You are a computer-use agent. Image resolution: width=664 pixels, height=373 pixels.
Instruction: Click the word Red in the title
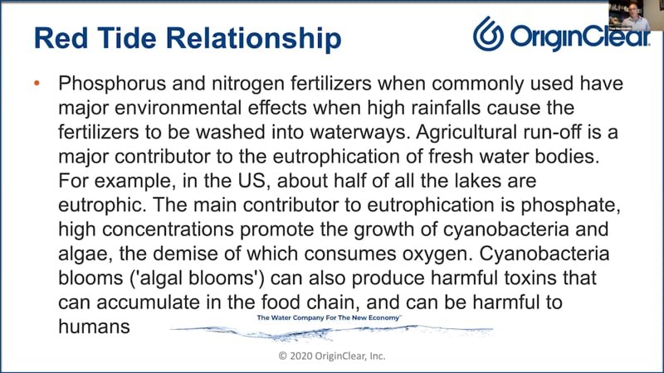[61, 38]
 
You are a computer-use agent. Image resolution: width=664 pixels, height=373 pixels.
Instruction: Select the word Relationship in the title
[254, 39]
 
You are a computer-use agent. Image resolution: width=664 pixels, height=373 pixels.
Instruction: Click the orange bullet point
[37, 84]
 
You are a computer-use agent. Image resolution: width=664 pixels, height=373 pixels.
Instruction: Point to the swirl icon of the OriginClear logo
[488, 34]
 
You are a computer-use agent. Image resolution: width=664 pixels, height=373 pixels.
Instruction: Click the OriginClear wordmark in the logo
[580, 36]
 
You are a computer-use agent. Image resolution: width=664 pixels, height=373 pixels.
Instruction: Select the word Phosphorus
[112, 84]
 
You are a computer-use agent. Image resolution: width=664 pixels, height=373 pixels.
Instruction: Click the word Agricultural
[466, 133]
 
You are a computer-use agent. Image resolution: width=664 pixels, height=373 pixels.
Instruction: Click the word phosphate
[570, 206]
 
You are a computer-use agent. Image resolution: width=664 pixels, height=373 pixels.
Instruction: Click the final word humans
[94, 327]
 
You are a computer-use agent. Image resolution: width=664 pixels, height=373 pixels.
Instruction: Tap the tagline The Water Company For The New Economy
[329, 317]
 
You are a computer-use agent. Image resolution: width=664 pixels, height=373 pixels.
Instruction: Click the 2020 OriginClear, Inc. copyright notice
[332, 356]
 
